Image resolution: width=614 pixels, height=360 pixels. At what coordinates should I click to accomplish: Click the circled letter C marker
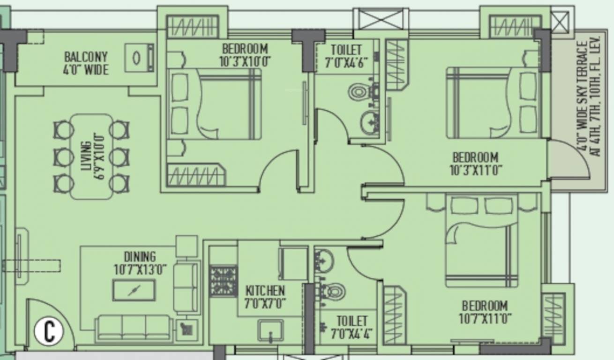tap(49, 331)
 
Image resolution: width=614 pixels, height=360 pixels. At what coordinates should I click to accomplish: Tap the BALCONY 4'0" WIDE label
tap(86, 63)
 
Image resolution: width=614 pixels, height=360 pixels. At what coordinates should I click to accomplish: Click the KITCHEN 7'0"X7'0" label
tap(265, 297)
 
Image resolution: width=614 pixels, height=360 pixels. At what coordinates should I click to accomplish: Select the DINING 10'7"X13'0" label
tap(140, 263)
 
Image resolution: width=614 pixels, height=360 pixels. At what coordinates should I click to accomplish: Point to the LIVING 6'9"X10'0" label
tap(92, 157)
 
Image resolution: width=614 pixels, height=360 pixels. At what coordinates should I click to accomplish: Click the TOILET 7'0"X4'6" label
tap(346, 55)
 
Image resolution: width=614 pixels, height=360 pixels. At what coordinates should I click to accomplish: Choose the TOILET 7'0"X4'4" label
tap(352, 327)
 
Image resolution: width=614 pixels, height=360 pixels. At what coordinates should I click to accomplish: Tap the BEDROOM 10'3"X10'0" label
tap(245, 55)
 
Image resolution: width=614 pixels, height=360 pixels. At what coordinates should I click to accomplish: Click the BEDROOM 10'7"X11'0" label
tap(485, 312)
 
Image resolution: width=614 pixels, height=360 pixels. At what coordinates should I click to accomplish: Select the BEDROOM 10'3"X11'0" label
tap(475, 163)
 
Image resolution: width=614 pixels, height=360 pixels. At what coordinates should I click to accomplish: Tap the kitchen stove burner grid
tap(223, 281)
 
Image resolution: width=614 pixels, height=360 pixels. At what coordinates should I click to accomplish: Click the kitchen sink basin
tap(270, 330)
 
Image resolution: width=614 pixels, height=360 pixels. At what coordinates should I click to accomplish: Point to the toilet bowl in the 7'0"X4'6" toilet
tap(359, 92)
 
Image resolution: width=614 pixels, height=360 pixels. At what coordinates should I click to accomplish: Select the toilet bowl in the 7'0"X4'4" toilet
tap(335, 292)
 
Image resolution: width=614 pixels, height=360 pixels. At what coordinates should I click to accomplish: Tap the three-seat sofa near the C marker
tap(134, 326)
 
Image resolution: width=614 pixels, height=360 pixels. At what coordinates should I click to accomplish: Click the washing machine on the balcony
tap(139, 58)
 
